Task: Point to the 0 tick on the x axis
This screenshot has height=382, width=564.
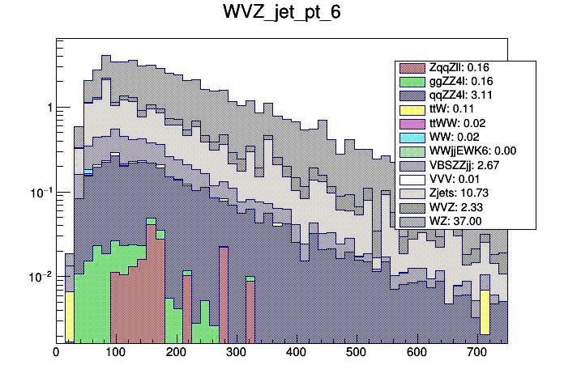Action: [x=56, y=353]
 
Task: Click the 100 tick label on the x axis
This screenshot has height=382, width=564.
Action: [x=115, y=353]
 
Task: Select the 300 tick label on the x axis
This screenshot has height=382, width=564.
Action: [x=236, y=353]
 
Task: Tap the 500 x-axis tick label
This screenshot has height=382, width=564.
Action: [x=357, y=353]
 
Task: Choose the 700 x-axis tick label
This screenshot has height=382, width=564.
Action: [x=477, y=353]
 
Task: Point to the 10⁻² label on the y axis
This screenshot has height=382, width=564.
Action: [x=41, y=277]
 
